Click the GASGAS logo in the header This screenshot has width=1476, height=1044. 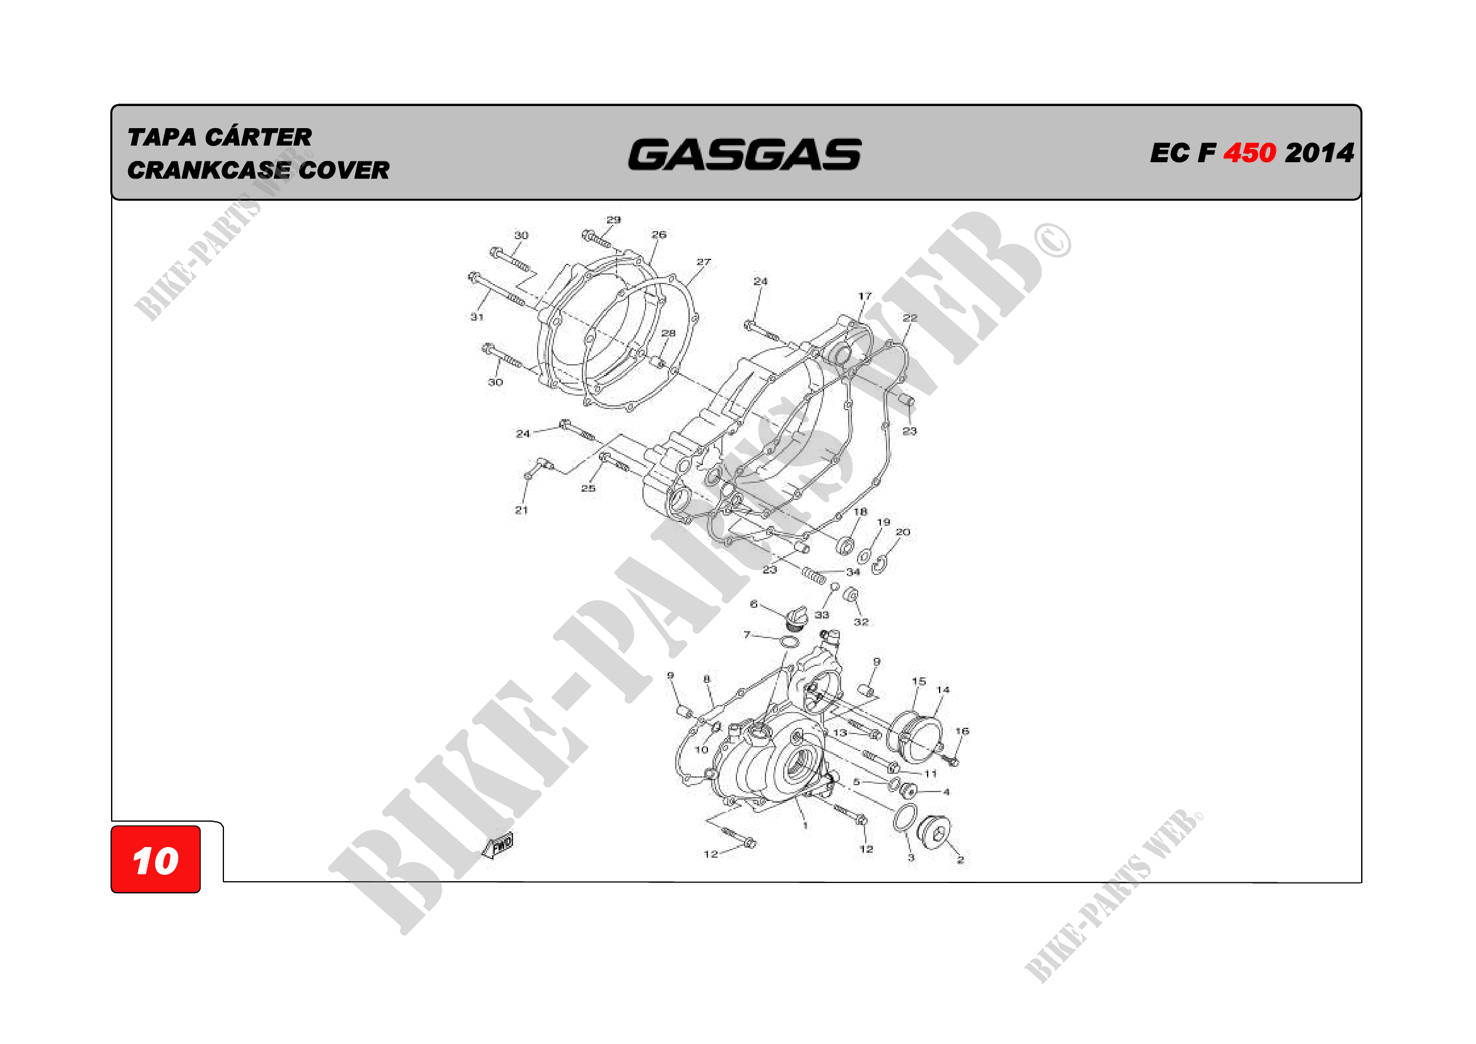745,155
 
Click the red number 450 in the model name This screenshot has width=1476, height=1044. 1249,153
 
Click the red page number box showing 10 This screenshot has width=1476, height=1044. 156,859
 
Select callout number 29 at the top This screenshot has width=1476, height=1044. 614,220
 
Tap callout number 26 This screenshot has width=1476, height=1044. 659,235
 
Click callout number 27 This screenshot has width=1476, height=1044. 704,263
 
